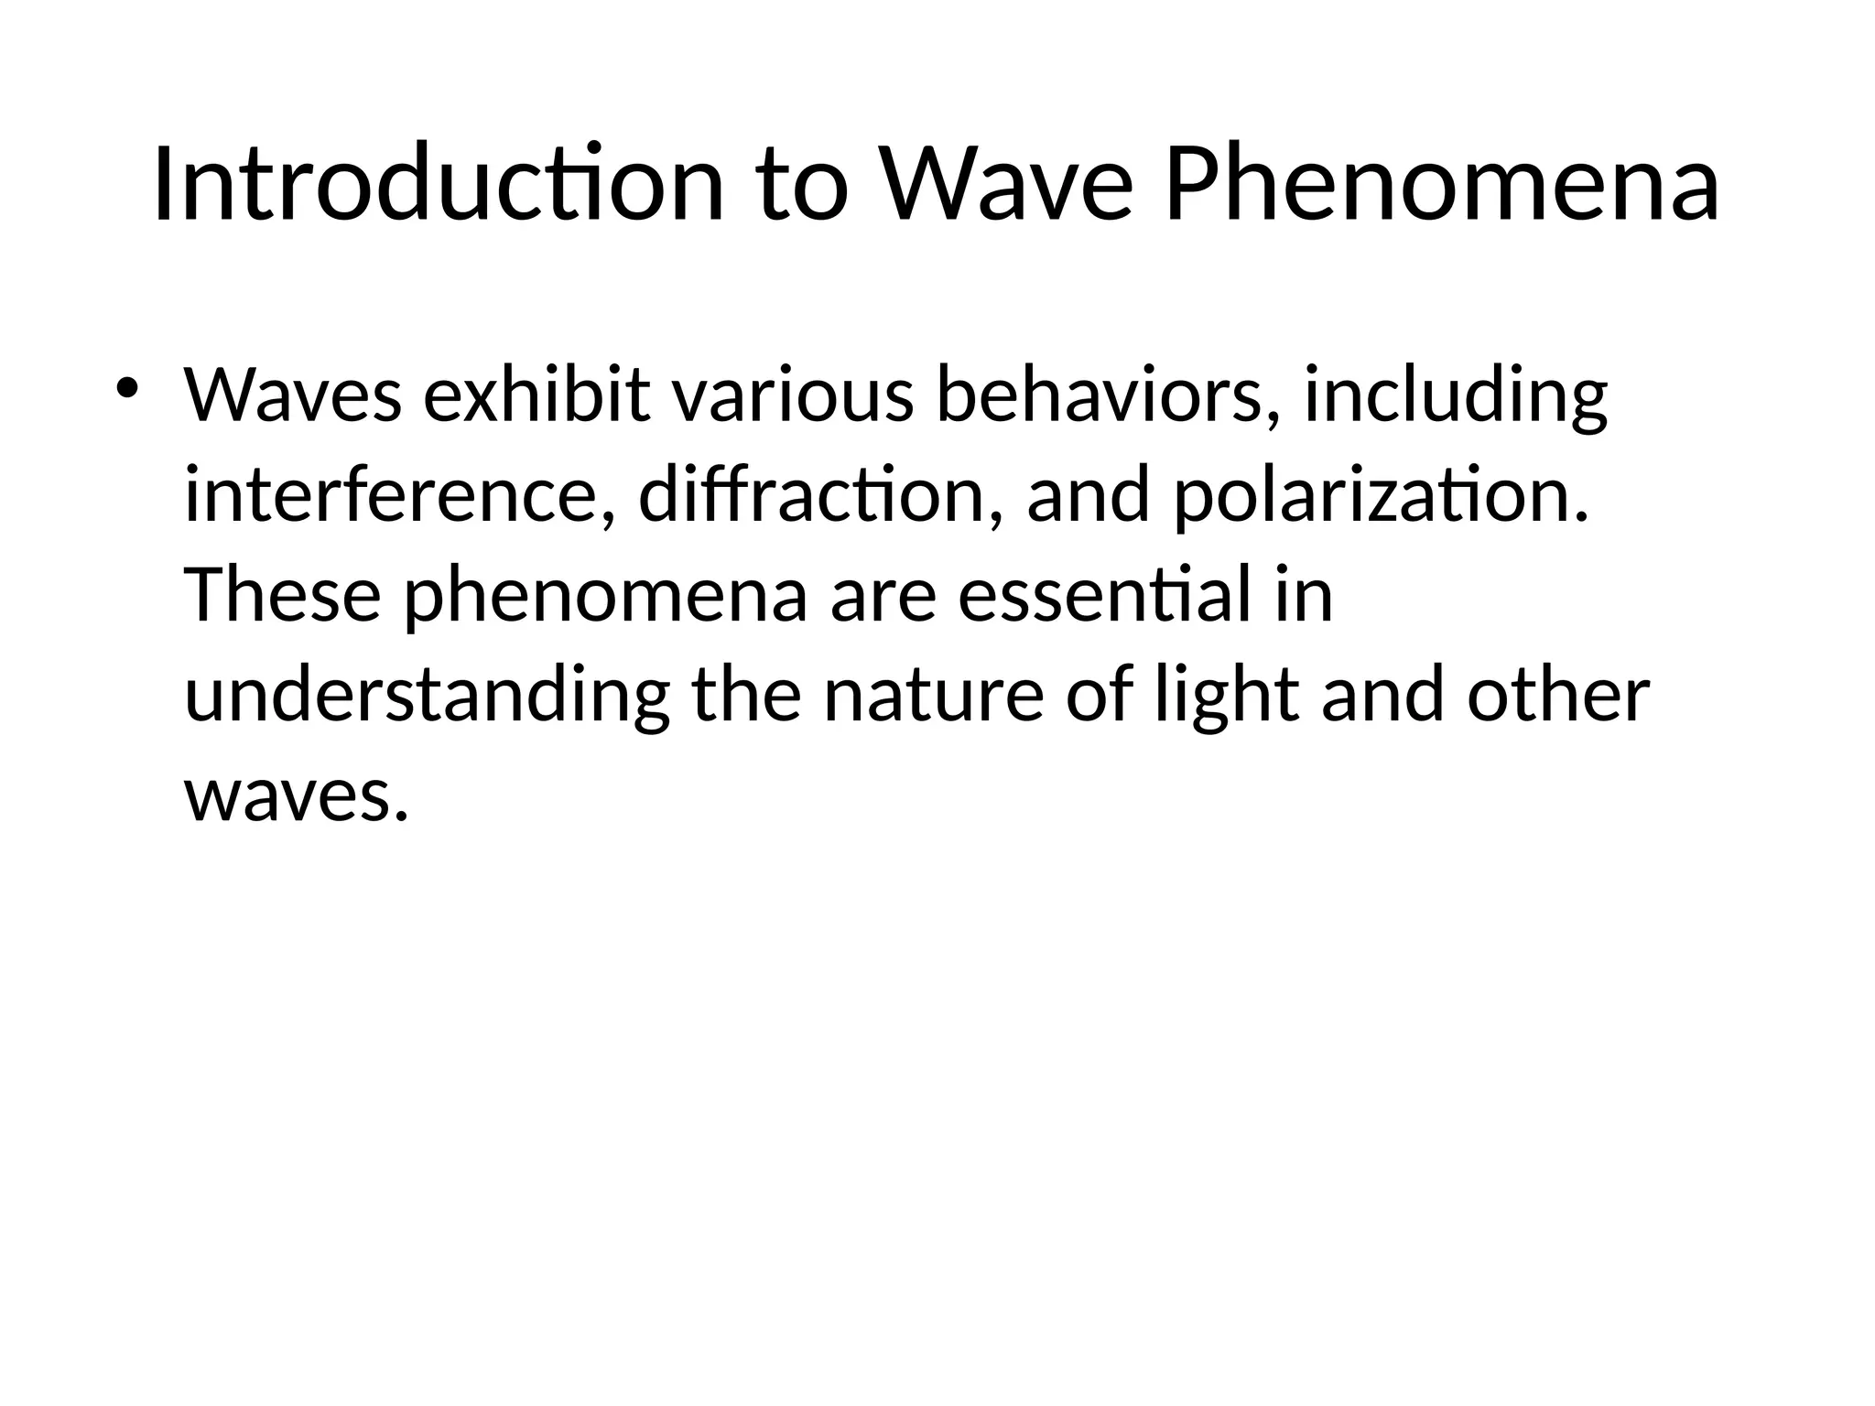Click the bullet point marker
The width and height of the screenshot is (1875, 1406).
coord(126,388)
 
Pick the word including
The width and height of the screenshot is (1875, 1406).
coord(1455,395)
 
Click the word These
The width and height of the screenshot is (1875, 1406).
coord(283,595)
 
